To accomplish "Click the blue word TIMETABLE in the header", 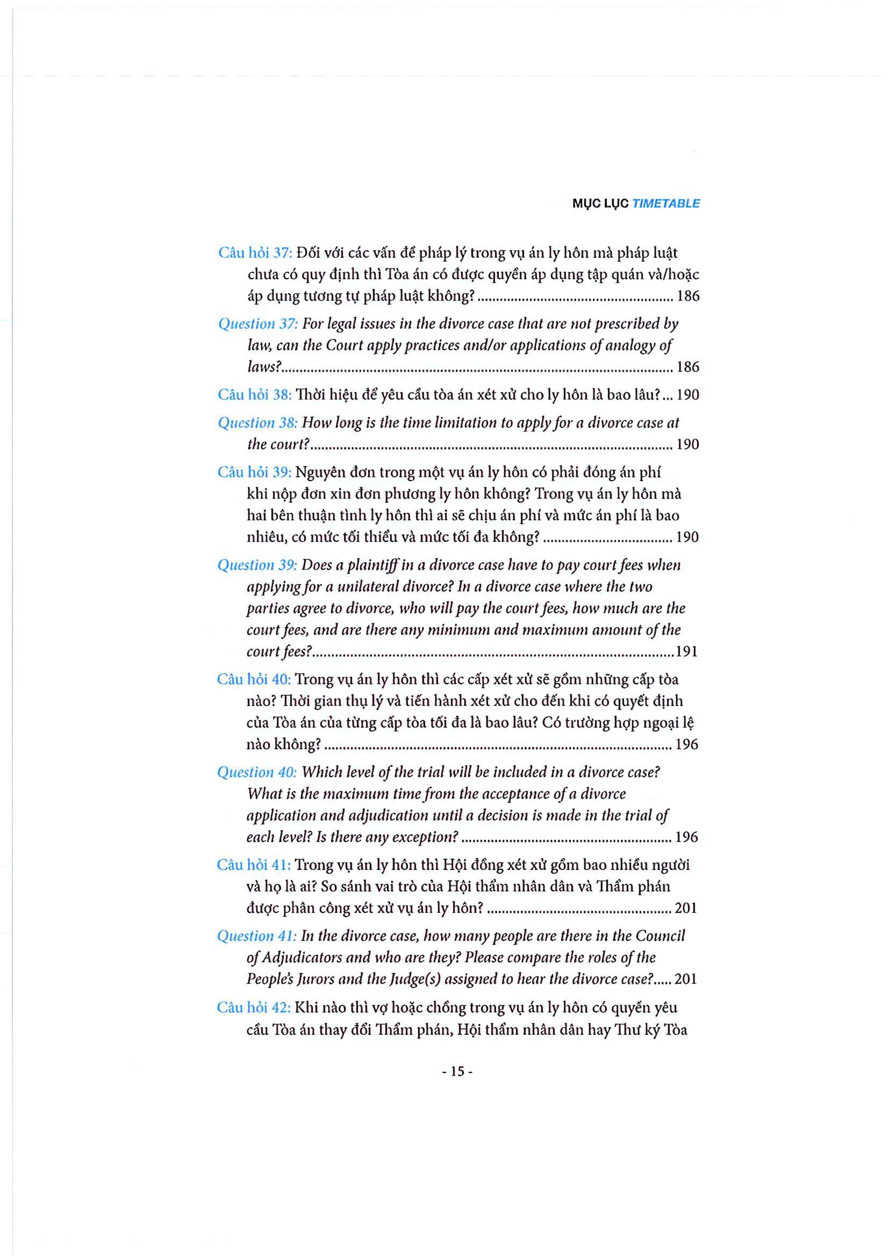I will (665, 204).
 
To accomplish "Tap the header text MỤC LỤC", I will (600, 204).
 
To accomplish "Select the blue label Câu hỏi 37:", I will (255, 253).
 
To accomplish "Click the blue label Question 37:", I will (258, 324).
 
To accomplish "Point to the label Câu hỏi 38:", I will (255, 395).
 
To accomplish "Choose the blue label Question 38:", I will (257, 422).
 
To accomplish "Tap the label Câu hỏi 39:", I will (254, 472).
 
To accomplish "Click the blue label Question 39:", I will (257, 565).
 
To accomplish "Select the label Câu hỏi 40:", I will (254, 679).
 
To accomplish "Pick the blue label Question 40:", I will (257, 772).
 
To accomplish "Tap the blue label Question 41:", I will (256, 936).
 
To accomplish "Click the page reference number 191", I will (686, 651).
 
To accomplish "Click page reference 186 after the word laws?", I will (688, 367).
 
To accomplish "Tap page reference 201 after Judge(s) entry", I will (686, 979).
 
